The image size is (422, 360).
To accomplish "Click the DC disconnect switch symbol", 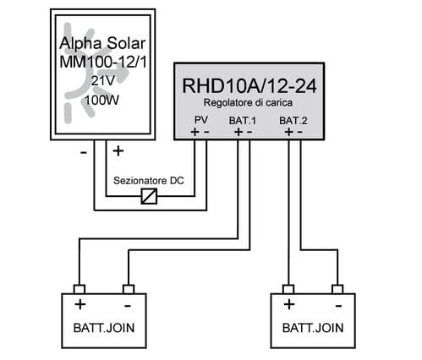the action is [149, 196].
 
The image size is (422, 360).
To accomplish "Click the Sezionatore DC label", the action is [149, 181].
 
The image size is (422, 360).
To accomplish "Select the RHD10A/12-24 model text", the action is [249, 85].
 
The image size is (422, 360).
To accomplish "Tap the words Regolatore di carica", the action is [248, 103].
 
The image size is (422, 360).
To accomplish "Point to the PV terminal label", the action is [201, 120].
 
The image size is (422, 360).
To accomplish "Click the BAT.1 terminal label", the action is [243, 121].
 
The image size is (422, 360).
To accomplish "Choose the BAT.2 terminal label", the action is [293, 121].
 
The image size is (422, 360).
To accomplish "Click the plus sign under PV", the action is [195, 132].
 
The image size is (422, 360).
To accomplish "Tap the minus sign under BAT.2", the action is [300, 132].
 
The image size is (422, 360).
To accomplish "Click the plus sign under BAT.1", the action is [238, 132].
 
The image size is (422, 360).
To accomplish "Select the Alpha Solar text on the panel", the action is [102, 43].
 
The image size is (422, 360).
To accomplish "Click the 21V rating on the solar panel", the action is [103, 81].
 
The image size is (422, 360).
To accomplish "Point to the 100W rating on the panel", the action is [101, 100].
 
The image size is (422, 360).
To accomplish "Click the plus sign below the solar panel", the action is [118, 151].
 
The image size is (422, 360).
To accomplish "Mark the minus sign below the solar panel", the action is [84, 153].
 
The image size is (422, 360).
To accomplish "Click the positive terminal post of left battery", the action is [79, 289].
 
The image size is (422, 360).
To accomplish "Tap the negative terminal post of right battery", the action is [337, 289].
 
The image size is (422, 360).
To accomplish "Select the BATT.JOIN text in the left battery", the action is [104, 328].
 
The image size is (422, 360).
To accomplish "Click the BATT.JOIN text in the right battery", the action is [313, 328].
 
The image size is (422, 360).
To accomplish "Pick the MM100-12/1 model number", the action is [103, 62].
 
